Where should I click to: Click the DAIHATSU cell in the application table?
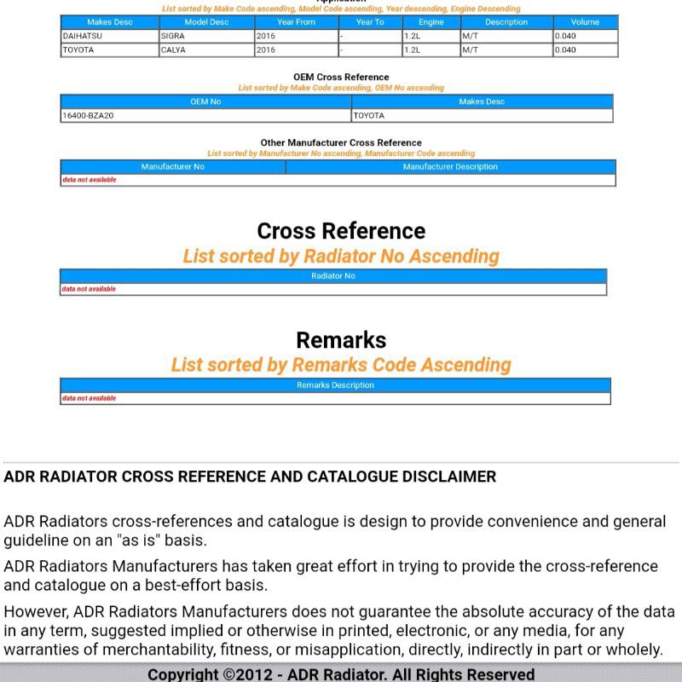82,37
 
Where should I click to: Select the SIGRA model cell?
173,37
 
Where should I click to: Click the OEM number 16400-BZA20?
88,116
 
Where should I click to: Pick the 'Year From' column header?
296,22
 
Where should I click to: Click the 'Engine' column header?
431,22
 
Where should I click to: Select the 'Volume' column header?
585,22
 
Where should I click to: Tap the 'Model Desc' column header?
206,22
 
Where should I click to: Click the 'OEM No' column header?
205,101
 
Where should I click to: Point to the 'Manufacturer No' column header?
173,167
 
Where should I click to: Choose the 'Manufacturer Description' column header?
450,167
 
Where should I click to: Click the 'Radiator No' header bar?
333,276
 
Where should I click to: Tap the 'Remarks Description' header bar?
335,385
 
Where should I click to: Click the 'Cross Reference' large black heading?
341,231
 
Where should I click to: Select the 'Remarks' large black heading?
341,340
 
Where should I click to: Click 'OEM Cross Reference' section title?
341,78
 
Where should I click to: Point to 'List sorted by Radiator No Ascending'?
341,257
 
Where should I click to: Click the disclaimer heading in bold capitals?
250,477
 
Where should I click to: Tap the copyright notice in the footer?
341,674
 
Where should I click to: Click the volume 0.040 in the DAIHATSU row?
565,37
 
